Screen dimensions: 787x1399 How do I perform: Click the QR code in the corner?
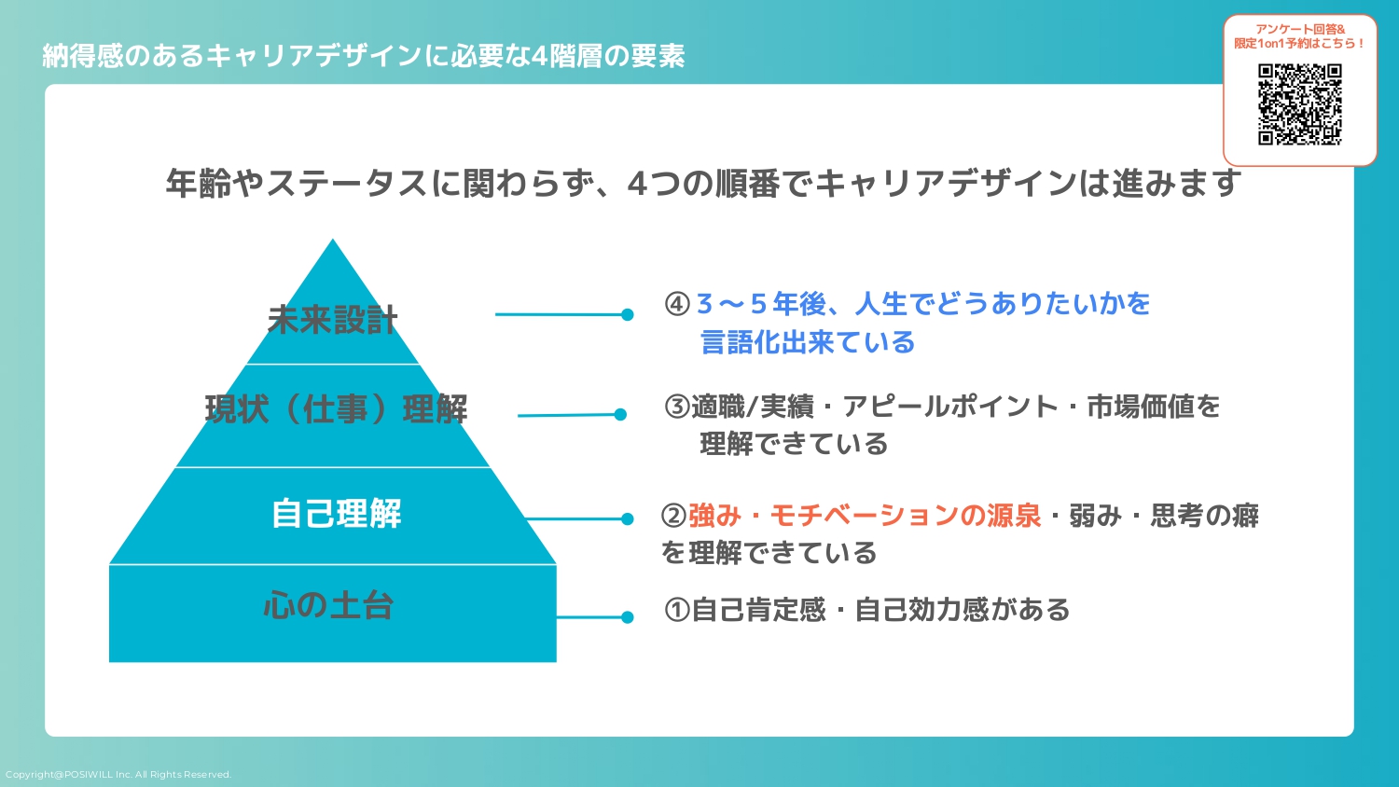[x=1299, y=104]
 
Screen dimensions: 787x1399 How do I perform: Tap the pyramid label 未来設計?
[x=333, y=320]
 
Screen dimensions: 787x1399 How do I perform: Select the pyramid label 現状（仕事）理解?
[x=336, y=408]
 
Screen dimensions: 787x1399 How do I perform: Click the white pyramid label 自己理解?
[x=336, y=513]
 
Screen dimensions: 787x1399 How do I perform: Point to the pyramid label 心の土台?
[x=328, y=606]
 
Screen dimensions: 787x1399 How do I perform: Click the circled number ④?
[x=677, y=304]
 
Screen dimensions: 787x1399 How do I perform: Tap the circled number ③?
[x=677, y=407]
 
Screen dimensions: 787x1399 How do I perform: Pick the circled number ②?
[x=673, y=516]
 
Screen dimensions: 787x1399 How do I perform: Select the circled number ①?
[x=677, y=610]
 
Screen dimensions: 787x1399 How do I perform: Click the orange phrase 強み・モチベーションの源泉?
[x=865, y=516]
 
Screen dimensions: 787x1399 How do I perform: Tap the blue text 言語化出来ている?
[x=808, y=342]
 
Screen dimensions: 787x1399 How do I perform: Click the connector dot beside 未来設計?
[x=628, y=315]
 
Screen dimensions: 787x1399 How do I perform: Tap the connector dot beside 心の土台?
[x=627, y=617]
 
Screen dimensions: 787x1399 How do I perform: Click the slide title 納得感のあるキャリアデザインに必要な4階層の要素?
[x=364, y=56]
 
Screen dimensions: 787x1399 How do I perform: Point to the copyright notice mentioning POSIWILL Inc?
[x=118, y=775]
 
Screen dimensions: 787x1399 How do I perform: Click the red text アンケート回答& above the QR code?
[x=1300, y=30]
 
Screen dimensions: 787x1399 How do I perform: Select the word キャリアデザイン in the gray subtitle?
[x=946, y=184]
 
